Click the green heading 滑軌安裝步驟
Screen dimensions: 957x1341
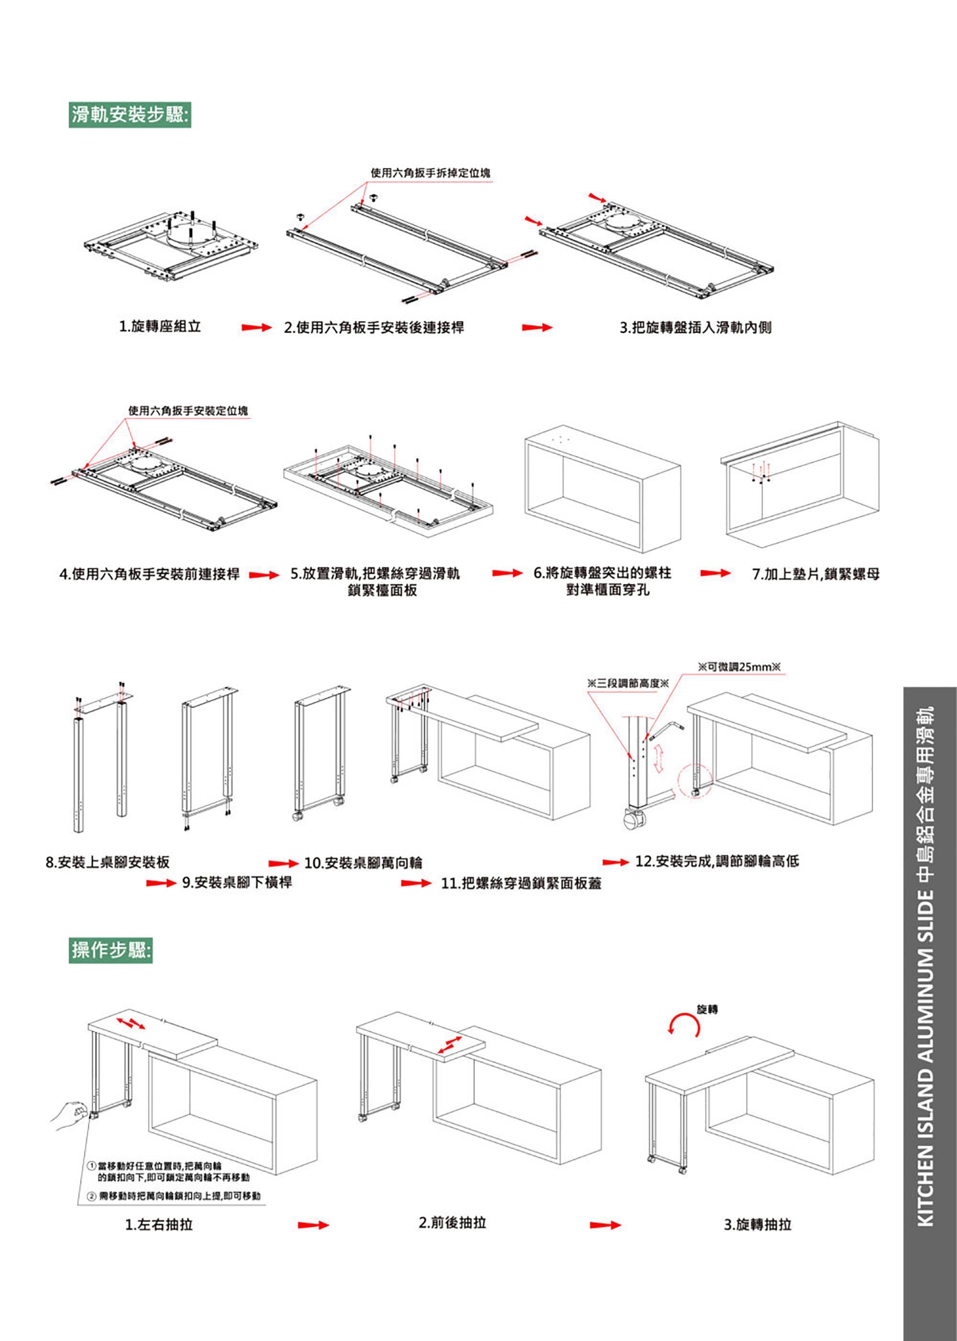coord(130,114)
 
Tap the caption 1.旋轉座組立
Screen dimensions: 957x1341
coord(160,326)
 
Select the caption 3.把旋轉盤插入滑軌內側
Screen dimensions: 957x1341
coord(695,328)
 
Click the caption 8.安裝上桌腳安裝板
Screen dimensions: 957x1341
coord(108,862)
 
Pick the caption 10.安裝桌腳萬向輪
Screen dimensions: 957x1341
coord(363,863)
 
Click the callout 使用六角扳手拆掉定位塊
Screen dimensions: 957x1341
coord(430,173)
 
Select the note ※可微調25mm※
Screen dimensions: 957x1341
coord(739,667)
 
